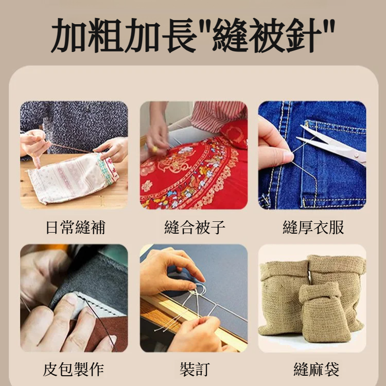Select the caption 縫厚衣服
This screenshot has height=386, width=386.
pyautogui.click(x=313, y=227)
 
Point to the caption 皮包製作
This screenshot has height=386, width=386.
pyautogui.click(x=74, y=369)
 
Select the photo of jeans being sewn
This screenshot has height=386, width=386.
pyautogui.click(x=312, y=155)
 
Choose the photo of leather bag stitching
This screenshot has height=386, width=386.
pyautogui.click(x=74, y=298)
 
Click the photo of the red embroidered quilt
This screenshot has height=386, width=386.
pyautogui.click(x=194, y=155)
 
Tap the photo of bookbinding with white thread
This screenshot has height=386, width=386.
pyautogui.click(x=194, y=298)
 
